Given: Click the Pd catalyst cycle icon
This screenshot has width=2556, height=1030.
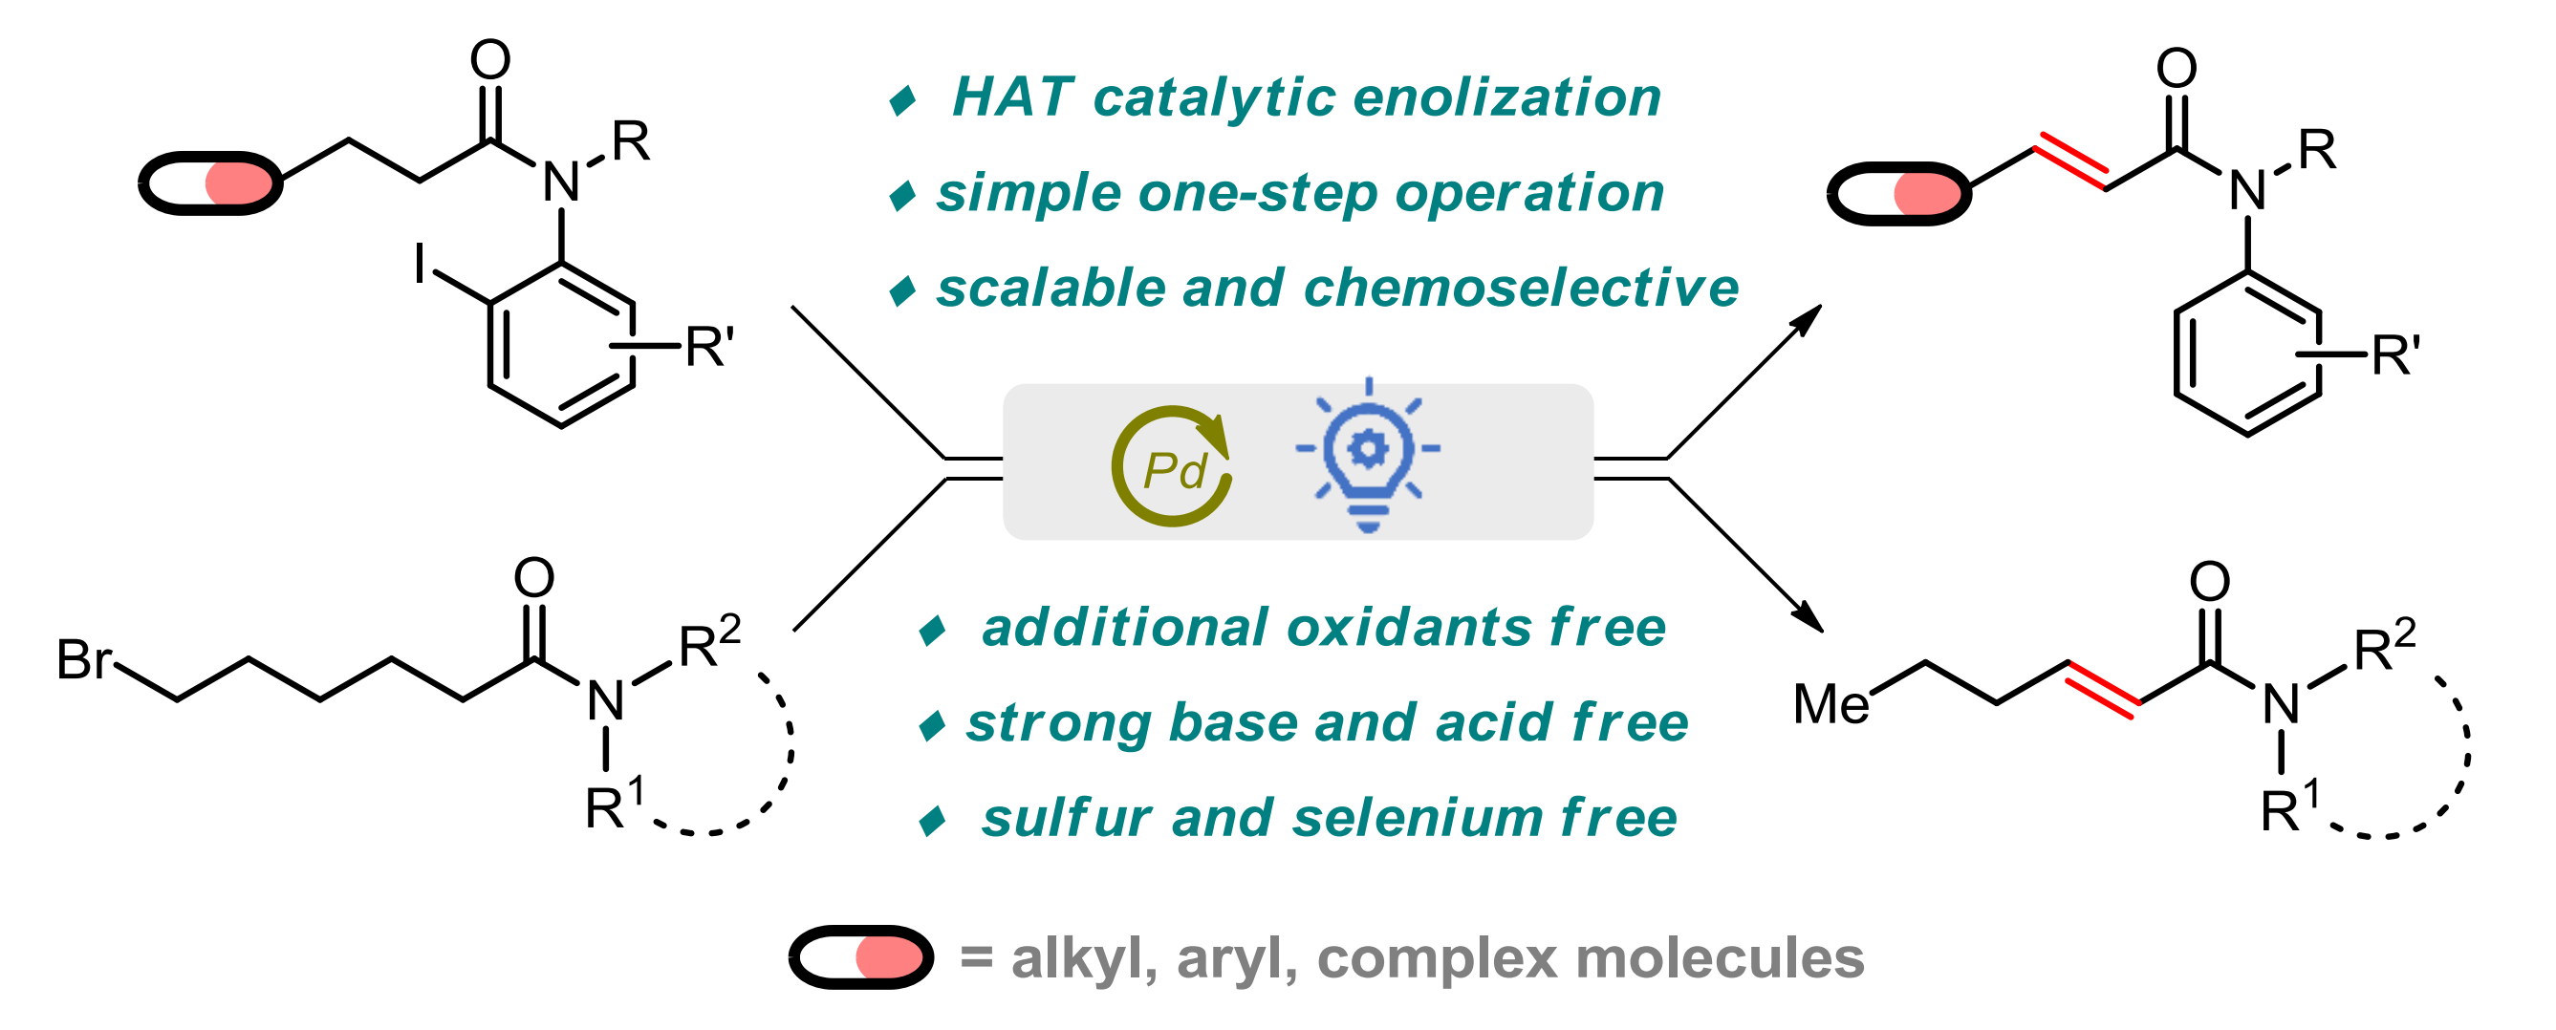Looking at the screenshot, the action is point(1172,465).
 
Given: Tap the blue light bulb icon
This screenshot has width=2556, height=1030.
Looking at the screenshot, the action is point(1368,456).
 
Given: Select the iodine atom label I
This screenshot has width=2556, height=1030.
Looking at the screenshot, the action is point(421,264).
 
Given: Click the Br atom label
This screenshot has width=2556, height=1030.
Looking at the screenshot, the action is point(84,659).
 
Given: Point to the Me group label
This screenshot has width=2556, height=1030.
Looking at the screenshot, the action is point(1831,704).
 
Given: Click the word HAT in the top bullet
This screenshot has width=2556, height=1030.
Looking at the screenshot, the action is point(1013,97).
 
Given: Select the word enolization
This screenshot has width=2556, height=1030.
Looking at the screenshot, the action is point(1507,97).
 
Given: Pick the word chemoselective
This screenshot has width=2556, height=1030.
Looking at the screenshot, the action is point(1521,288).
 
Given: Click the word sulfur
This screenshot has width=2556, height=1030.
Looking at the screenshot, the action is point(1067,820).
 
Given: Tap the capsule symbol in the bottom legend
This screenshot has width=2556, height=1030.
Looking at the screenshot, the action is point(861,957).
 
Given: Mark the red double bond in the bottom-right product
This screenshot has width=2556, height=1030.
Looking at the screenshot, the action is point(2105,686).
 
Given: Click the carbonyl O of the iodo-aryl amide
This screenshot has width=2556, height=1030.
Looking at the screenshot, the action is point(490,59).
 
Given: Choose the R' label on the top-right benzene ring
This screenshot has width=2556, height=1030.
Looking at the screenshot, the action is point(2396,356).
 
